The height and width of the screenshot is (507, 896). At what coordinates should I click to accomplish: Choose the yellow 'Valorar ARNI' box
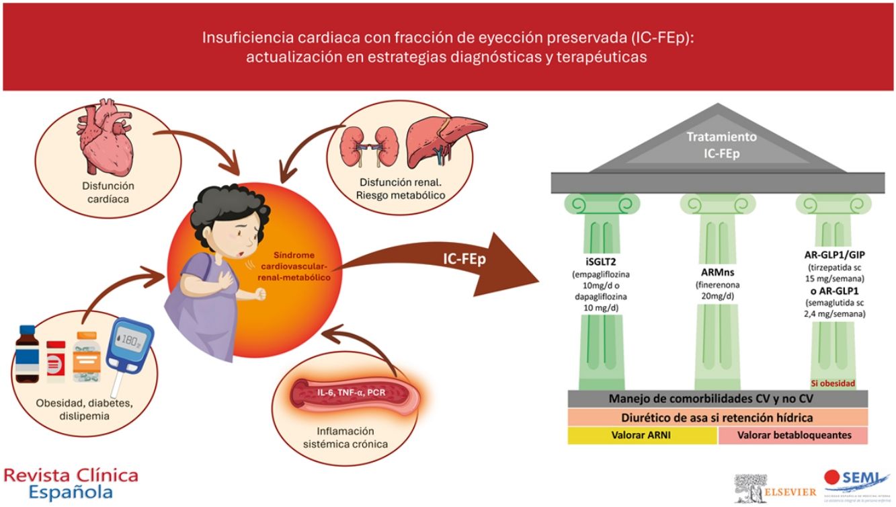pos(642,435)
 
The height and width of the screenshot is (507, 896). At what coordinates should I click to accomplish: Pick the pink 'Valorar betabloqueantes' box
pos(794,435)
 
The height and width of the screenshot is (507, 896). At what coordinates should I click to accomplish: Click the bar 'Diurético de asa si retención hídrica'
pos(717,417)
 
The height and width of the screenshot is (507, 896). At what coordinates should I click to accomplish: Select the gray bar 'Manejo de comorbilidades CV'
pos(717,399)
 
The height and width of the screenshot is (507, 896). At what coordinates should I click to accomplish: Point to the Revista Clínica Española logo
pos(71,483)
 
